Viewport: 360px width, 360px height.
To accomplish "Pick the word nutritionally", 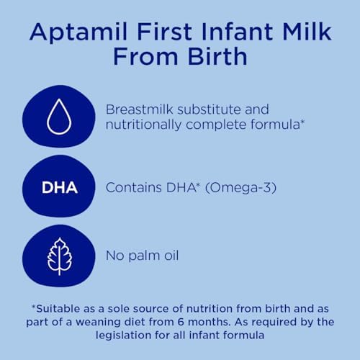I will tap(146, 125).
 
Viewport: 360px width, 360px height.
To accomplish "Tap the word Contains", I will tap(132, 189).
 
